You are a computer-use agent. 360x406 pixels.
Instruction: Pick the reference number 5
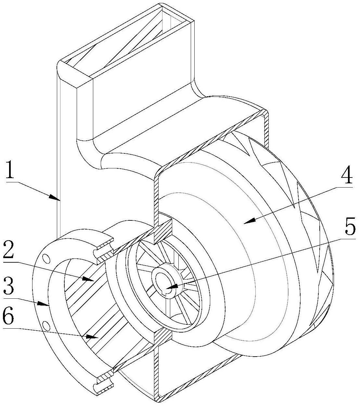(350, 228)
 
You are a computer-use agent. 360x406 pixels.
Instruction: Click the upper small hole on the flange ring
(46, 258)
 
